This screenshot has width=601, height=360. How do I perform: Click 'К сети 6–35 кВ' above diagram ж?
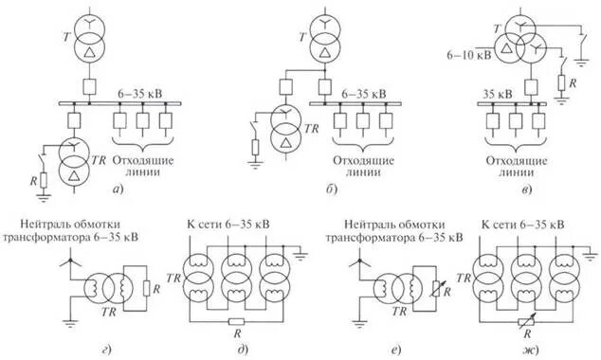(x=524, y=225)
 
